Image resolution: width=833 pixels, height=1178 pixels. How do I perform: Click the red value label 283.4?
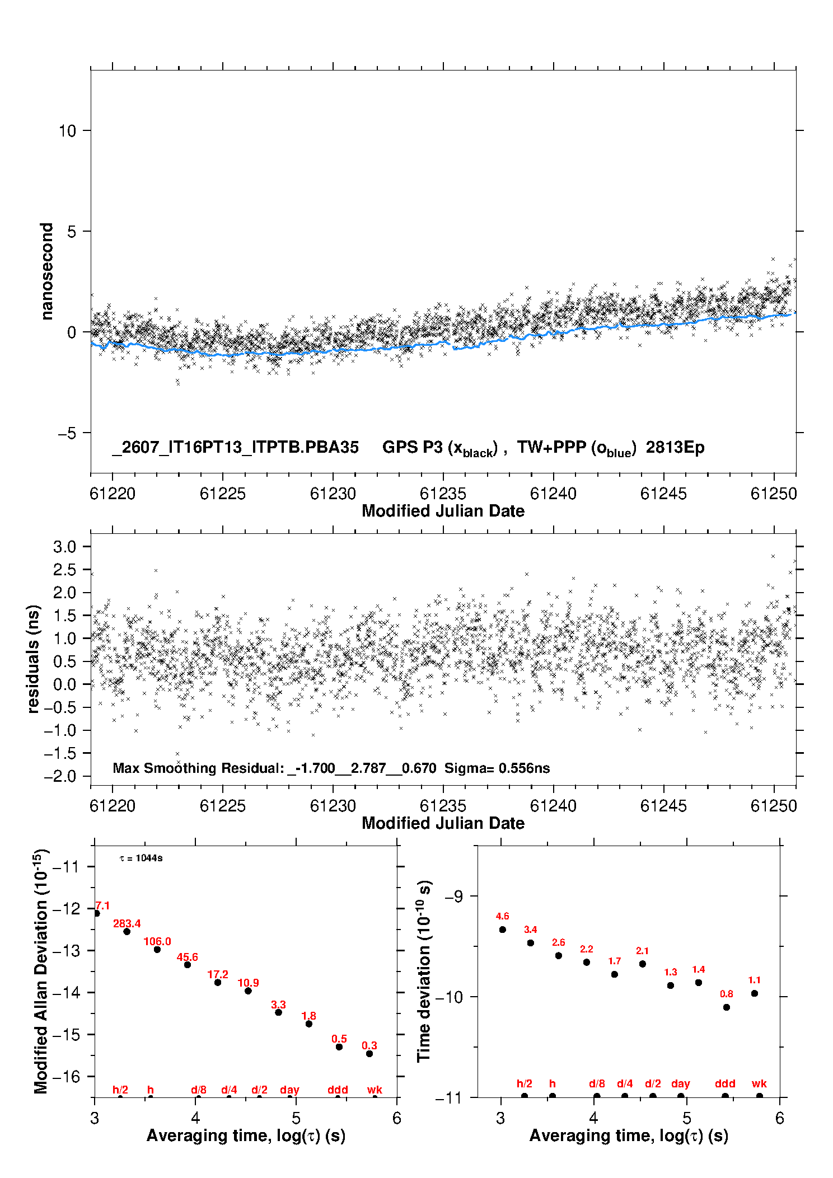127,923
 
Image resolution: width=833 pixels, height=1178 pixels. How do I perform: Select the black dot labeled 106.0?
157,950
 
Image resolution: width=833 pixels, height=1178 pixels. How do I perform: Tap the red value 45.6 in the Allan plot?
188,957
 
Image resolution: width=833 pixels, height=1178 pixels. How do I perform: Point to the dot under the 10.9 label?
248,991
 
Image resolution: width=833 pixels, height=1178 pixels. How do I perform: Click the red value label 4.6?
503,916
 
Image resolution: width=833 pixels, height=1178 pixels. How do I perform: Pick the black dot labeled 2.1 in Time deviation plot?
643,964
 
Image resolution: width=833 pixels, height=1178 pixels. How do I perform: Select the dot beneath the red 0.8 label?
727,1007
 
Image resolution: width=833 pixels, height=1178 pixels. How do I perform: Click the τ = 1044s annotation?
141,858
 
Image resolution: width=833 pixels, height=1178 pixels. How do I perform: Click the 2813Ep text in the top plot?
675,447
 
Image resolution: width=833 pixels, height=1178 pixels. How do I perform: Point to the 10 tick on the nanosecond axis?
67,131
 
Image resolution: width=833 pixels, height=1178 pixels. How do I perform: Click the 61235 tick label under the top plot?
443,494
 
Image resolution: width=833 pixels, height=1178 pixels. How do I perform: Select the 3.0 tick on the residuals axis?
65,547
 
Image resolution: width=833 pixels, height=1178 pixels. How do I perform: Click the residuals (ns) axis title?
33,659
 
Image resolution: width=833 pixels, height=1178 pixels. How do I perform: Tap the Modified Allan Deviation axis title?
41,972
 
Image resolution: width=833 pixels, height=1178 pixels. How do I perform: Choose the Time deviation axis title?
424,971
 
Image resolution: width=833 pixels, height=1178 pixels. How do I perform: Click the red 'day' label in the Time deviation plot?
681,1083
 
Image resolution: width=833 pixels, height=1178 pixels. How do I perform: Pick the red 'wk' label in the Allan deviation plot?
375,1090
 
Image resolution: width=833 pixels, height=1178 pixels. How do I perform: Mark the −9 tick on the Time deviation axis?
454,897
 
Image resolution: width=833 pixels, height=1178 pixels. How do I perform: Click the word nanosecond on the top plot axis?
46,271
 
